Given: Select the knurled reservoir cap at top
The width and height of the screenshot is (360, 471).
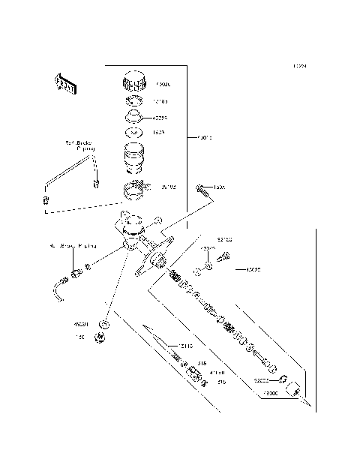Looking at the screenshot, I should pos(135,79).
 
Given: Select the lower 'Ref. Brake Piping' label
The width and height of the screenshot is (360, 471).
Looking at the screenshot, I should pos(73,245).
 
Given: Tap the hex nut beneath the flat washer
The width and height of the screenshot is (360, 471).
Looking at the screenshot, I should pos(99,340).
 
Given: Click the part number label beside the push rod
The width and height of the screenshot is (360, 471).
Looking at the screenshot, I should pos(184,346).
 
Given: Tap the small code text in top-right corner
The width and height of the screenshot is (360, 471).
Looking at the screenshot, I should pos(300,66).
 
